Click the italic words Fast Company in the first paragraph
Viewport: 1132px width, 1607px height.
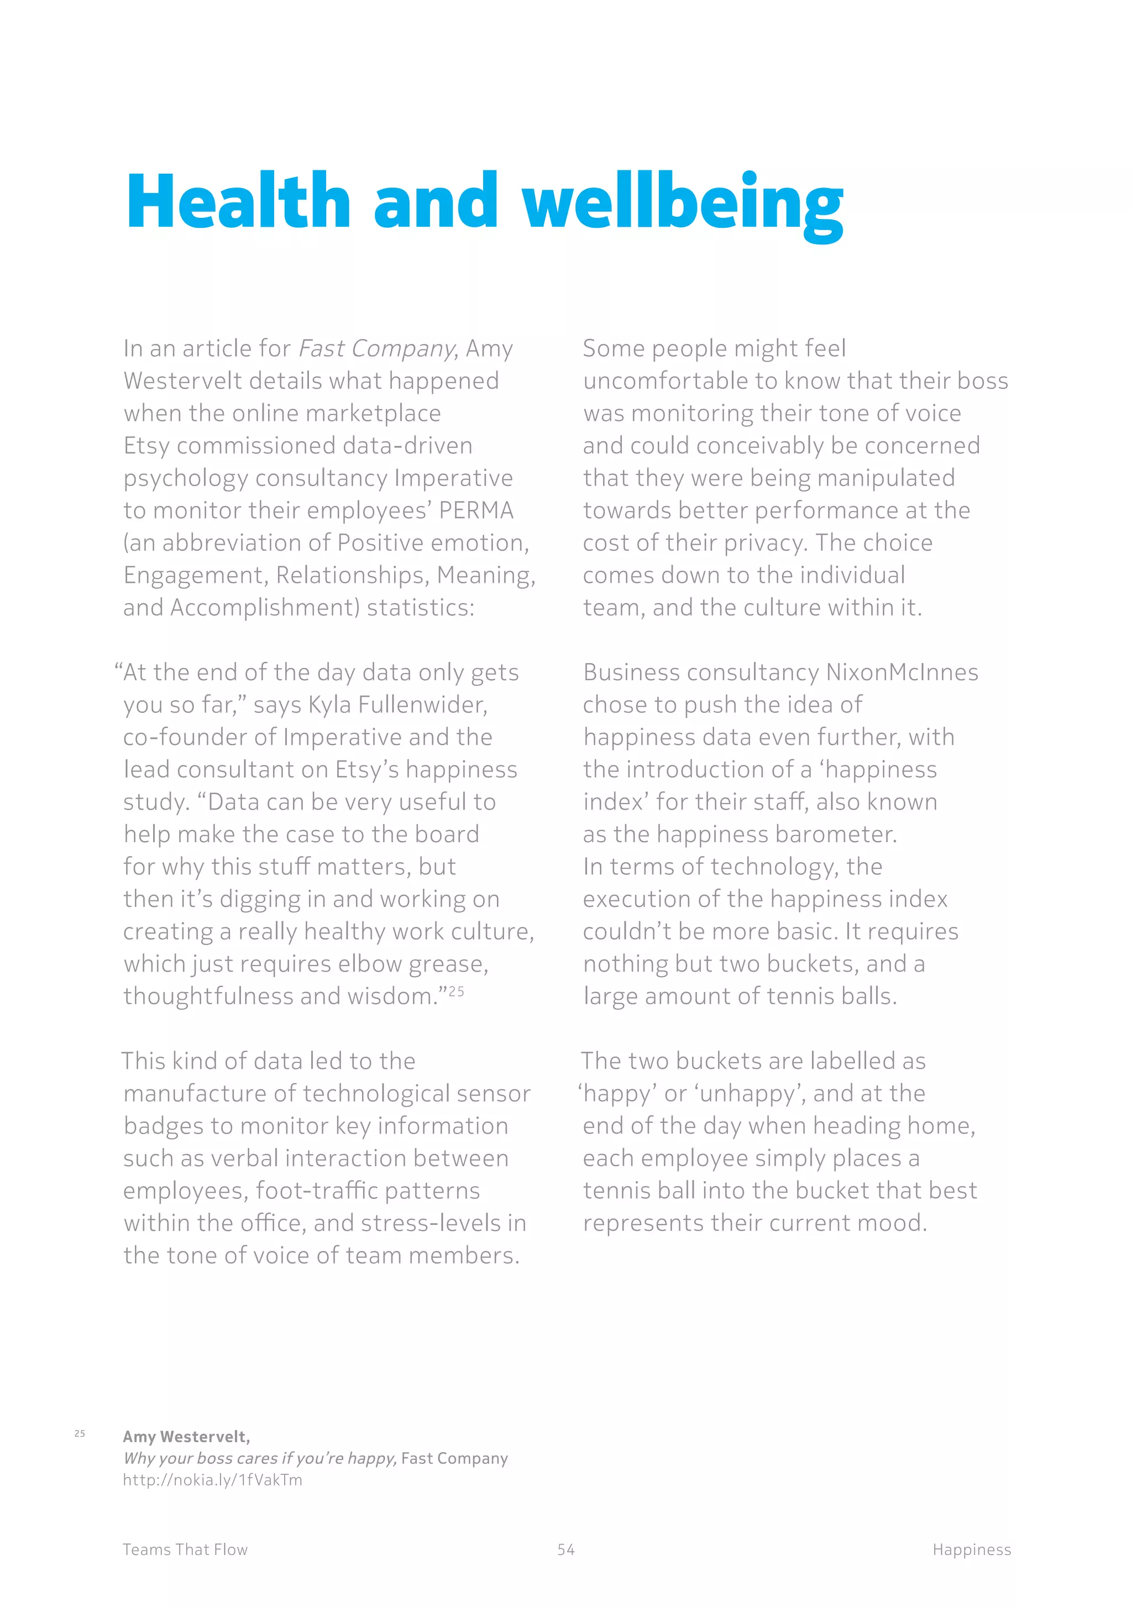377,348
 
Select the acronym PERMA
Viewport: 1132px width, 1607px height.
476,510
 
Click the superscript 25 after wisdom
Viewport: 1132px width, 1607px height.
456,991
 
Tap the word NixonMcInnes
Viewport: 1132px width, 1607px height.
902,672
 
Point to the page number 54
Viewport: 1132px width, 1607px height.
566,1549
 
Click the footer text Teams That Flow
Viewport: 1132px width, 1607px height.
185,1549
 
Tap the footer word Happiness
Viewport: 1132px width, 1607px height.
971,1549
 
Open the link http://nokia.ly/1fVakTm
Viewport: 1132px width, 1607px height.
213,1480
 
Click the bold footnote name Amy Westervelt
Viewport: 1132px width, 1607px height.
186,1437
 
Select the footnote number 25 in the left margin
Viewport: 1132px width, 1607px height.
80,1433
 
